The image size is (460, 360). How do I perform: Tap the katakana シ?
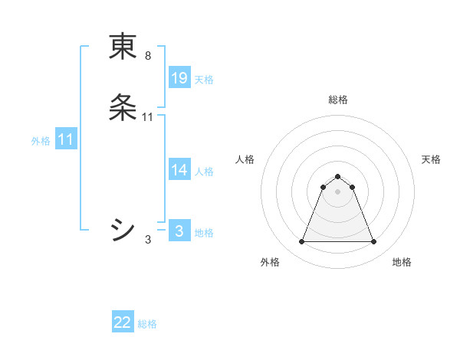123,229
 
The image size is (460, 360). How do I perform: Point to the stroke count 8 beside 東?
148,56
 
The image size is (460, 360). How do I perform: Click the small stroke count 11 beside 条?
148,117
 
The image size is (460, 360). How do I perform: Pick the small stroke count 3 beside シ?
148,240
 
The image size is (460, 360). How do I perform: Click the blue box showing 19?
179,78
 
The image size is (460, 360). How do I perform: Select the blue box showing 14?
179,171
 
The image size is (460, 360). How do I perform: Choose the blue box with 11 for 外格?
66,140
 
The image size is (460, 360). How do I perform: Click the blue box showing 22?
123,323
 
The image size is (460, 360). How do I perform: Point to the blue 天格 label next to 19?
204,79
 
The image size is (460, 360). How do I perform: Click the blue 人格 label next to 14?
204,172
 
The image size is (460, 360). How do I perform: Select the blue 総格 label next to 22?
147,324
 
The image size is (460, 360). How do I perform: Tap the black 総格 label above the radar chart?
338,100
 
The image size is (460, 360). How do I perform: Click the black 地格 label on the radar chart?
402,263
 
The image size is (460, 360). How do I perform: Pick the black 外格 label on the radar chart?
270,263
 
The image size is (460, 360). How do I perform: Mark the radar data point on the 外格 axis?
301,242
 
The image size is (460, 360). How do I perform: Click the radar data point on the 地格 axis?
373,242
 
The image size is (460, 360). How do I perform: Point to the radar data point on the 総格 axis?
337,177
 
